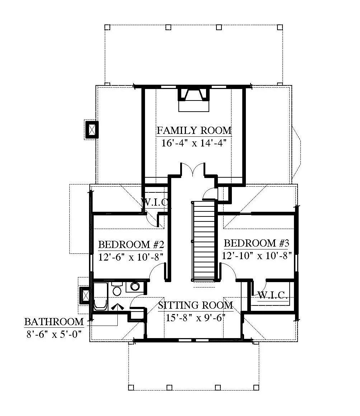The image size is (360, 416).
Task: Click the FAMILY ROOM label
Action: click(x=194, y=131)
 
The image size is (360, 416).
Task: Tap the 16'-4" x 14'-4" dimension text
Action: click(x=194, y=143)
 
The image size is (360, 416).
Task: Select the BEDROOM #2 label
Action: click(x=131, y=244)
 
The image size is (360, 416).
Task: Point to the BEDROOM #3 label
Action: click(x=257, y=243)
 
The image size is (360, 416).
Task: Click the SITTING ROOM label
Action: click(x=196, y=305)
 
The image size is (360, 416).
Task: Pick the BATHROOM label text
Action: click(x=54, y=322)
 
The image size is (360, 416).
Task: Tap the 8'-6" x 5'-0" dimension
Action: click(x=53, y=334)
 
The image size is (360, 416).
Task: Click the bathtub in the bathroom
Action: click(x=100, y=296)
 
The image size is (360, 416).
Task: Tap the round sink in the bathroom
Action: click(x=135, y=286)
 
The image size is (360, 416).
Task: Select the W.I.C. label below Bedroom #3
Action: click(x=273, y=295)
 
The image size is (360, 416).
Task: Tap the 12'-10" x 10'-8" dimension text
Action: click(x=257, y=256)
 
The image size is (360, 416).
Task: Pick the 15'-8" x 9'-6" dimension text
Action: click(x=196, y=318)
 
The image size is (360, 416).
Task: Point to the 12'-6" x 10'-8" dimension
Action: click(x=131, y=257)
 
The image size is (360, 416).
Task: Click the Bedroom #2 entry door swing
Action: click(x=158, y=271)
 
